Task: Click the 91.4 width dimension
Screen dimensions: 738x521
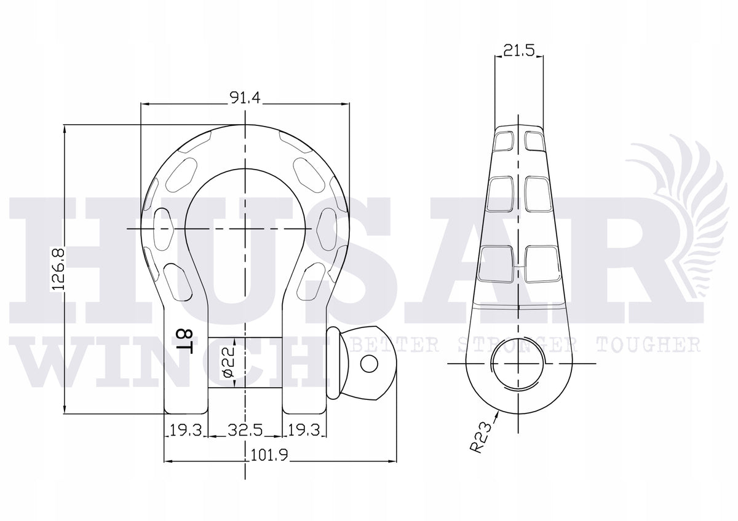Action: coord(245,98)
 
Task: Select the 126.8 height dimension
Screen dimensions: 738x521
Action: coord(58,269)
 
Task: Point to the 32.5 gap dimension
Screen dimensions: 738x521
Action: coord(245,430)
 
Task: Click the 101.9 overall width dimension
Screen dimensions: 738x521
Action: coord(269,455)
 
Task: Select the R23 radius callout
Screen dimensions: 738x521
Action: coord(481,438)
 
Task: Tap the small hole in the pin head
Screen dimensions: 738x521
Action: coord(369,364)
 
